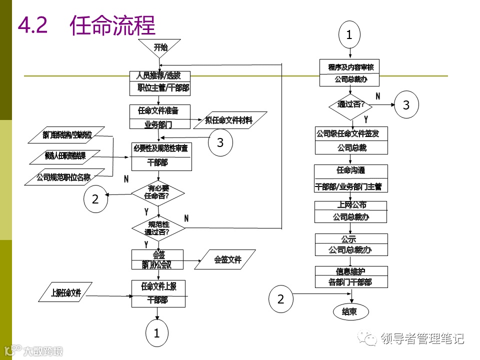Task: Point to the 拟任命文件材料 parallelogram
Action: pyautogui.click(x=229, y=120)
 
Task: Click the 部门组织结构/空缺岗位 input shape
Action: pyautogui.click(x=67, y=135)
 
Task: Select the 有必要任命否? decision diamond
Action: pyautogui.click(x=158, y=192)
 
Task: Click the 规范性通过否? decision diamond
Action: pyautogui.click(x=158, y=228)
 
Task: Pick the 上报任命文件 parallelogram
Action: pyautogui.click(x=66, y=292)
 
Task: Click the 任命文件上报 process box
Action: pyautogui.click(x=158, y=293)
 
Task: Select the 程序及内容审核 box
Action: pyautogui.click(x=350, y=73)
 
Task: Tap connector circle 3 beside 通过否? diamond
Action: pyautogui.click(x=406, y=105)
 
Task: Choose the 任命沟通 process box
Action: pyautogui.click(x=350, y=178)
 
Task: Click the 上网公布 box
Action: pyautogui.click(x=350, y=211)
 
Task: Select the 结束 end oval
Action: pyautogui.click(x=350, y=312)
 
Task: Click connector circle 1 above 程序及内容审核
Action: pyautogui.click(x=349, y=35)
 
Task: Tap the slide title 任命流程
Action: pyautogui.click(x=112, y=25)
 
